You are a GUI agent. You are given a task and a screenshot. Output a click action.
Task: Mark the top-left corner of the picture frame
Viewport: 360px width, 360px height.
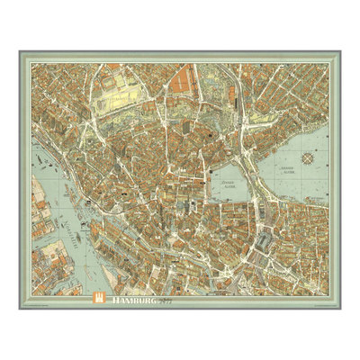[x=18, y=51]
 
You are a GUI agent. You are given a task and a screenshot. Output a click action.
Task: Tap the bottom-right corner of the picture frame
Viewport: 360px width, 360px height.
[x=342, y=309]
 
